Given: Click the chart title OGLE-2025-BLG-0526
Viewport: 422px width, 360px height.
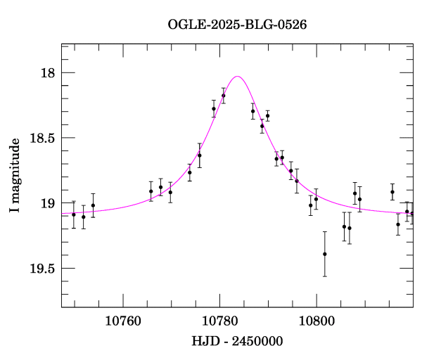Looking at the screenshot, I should coord(237,24).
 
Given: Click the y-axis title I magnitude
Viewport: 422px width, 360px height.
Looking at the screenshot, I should coord(15,176).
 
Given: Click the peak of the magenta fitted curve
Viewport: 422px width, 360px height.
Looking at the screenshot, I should coord(238,76).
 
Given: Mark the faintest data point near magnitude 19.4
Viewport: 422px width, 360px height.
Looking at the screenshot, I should coord(325,254).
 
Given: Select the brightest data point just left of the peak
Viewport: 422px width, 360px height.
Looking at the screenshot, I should coord(224,96).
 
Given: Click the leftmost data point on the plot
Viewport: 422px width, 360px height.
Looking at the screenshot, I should coord(73,214).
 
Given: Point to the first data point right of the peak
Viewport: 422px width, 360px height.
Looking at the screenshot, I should coord(252,111).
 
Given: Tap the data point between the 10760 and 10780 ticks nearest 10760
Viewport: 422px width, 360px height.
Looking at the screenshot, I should coord(151,191).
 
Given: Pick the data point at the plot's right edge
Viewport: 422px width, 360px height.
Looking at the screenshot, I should coord(412,213).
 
